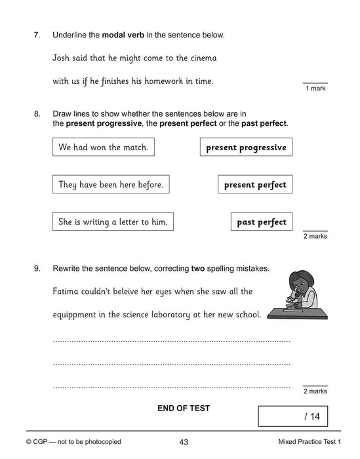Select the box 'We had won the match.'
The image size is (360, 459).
click(103, 148)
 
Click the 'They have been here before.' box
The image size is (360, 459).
click(111, 185)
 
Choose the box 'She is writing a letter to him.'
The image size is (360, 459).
click(113, 222)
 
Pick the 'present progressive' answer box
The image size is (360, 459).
click(246, 148)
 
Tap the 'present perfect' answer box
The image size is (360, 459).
click(255, 185)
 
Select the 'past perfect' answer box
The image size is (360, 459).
click(262, 222)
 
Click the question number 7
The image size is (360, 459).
click(37, 34)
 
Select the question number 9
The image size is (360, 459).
click(37, 268)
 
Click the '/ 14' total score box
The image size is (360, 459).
click(292, 416)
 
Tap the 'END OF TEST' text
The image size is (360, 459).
click(184, 408)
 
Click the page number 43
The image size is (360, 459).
click(184, 442)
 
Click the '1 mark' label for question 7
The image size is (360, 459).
click(315, 89)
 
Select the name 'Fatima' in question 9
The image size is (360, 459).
click(68, 290)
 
